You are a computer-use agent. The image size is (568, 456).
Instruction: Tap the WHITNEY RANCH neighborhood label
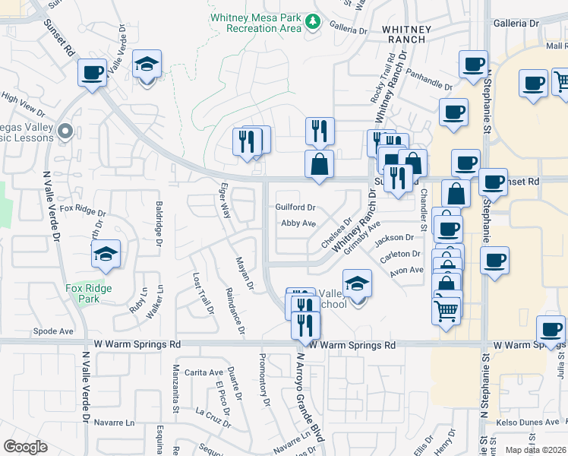[406, 35]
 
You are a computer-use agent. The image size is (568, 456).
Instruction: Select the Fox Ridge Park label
[88, 293]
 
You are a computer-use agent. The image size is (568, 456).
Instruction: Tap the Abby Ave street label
[298, 223]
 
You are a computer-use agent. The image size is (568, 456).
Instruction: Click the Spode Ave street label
[53, 331]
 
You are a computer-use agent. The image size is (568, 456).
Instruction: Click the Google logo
[25, 447]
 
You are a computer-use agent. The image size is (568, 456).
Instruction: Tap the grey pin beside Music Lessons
[65, 131]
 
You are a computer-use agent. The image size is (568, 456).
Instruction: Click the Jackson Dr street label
[394, 238]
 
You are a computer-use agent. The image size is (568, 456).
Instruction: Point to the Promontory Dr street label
[265, 379]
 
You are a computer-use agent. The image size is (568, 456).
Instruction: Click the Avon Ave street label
[406, 270]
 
